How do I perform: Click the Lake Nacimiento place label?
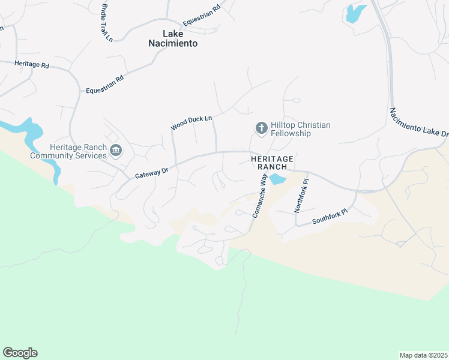tap(173, 38)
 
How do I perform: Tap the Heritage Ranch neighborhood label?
tap(272, 162)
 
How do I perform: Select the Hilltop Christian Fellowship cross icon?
tap(261, 128)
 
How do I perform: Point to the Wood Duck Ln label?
tap(191, 123)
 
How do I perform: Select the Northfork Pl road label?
tap(301, 195)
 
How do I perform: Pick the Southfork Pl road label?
tap(330, 217)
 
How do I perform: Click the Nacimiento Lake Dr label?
tap(418, 122)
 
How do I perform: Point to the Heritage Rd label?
tap(32, 64)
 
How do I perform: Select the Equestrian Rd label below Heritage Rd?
tap(104, 84)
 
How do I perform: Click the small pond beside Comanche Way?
tap(277, 179)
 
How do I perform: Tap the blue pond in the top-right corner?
tap(355, 13)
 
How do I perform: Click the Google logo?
tap(20, 353)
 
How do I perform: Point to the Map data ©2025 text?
tap(423, 355)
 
